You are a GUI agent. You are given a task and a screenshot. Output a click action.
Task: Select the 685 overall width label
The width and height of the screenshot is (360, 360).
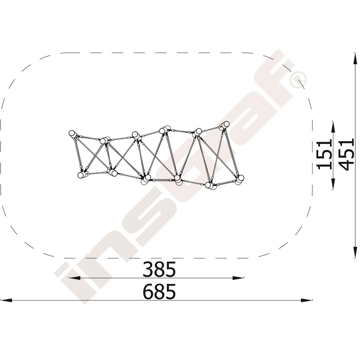click(x=159, y=292)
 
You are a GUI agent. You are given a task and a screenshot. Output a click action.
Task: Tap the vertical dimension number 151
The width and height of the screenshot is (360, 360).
click(x=325, y=154)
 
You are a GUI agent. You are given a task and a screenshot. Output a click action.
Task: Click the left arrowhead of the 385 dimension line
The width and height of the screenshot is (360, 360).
click(x=75, y=278)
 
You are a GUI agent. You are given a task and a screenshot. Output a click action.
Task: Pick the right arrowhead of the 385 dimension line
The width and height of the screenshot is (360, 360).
click(x=238, y=278)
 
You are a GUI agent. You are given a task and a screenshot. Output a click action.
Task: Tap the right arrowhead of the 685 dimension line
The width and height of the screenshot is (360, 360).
click(x=306, y=300)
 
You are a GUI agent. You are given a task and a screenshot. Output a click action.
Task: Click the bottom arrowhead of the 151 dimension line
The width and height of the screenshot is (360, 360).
click(x=333, y=184)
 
